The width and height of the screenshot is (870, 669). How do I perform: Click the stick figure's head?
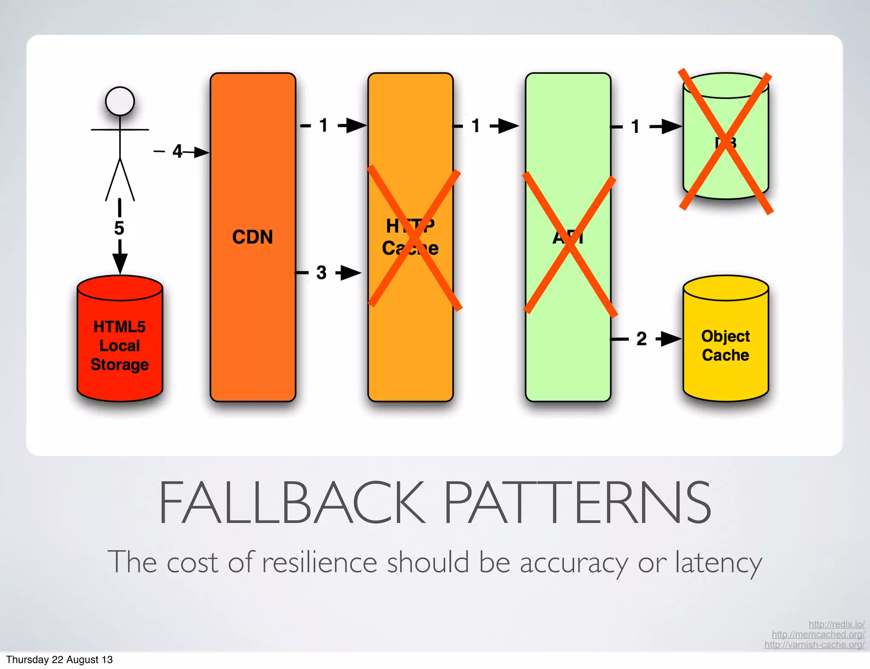tap(120, 101)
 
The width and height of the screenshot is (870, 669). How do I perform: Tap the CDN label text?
tap(252, 237)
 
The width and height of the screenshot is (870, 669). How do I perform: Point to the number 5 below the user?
tap(119, 228)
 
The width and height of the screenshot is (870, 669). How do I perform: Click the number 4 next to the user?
tap(177, 151)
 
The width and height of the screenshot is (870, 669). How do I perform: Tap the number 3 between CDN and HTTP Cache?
tap(322, 273)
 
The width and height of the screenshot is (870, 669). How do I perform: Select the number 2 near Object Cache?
tap(641, 339)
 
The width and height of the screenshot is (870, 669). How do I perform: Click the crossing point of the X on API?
tap(570, 245)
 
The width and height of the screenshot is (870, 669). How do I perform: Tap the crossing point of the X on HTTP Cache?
tap(414, 238)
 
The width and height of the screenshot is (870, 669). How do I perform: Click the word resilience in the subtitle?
tap(319, 562)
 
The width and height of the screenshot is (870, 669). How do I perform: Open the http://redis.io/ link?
tap(836, 624)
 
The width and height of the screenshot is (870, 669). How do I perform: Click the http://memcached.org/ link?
tap(818, 634)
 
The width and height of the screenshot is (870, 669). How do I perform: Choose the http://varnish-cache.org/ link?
tap(814, 644)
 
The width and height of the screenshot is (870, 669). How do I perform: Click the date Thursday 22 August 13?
tap(59, 659)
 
